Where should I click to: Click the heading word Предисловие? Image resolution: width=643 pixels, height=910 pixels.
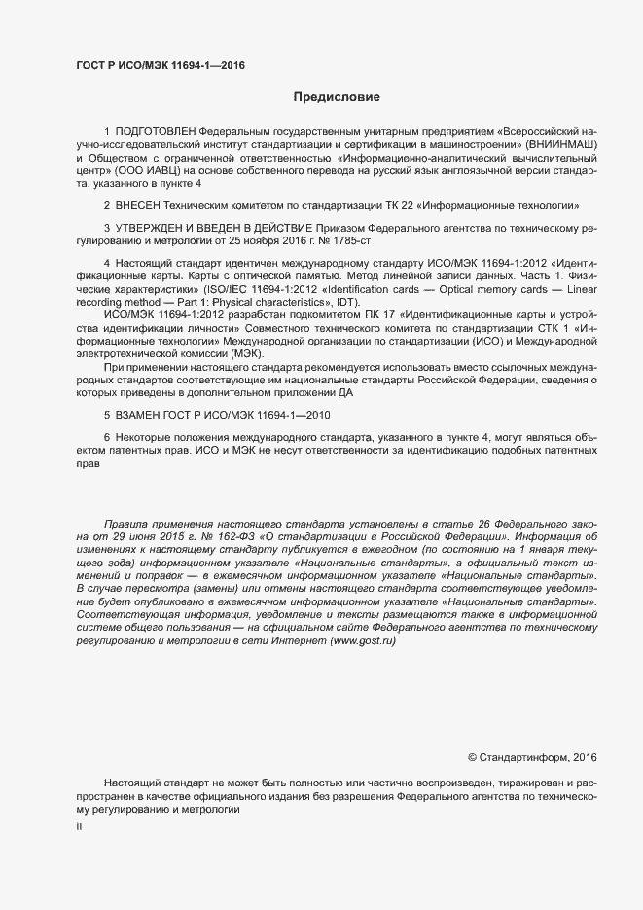click(336, 97)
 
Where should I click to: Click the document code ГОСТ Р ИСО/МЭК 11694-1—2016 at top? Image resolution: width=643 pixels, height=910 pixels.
click(160, 66)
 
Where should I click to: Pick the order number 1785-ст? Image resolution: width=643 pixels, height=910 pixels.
click(350, 240)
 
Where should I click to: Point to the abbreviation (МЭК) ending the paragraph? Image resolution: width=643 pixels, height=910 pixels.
click(216, 354)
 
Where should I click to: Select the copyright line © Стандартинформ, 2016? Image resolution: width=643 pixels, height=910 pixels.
click(532, 757)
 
